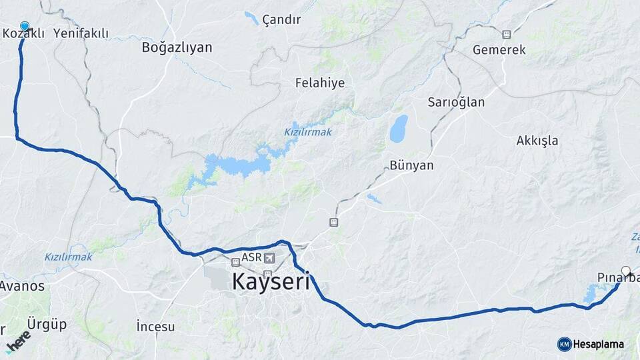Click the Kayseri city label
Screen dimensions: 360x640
(271, 282)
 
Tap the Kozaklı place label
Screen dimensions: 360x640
(23, 33)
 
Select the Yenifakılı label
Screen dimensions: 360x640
(81, 33)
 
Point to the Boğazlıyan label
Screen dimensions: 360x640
(177, 47)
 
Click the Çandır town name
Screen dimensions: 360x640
(281, 19)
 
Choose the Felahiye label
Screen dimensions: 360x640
(320, 83)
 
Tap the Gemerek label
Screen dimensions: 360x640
(499, 50)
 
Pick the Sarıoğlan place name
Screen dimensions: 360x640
(456, 103)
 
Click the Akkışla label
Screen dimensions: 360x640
(537, 141)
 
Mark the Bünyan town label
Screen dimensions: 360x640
(411, 165)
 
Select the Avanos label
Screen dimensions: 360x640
(22, 286)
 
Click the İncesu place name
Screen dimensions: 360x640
(155, 327)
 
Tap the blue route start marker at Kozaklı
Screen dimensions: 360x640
(25, 26)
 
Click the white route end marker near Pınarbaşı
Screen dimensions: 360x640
(626, 271)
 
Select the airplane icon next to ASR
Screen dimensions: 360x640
(269, 258)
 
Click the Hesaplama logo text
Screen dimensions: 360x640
(598, 344)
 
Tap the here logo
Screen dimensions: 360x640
(18, 342)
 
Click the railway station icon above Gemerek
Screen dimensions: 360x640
(507, 35)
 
